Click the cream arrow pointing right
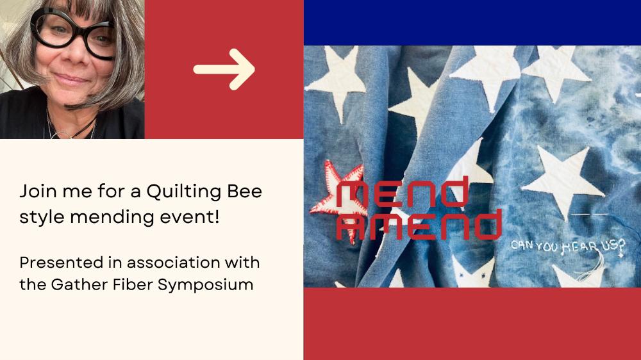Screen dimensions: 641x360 [224, 69]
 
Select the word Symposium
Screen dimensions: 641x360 [206, 285]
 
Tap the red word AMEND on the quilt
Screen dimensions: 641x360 [419, 224]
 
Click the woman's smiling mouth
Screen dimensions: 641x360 [71, 79]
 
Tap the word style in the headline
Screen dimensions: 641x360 [42, 217]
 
